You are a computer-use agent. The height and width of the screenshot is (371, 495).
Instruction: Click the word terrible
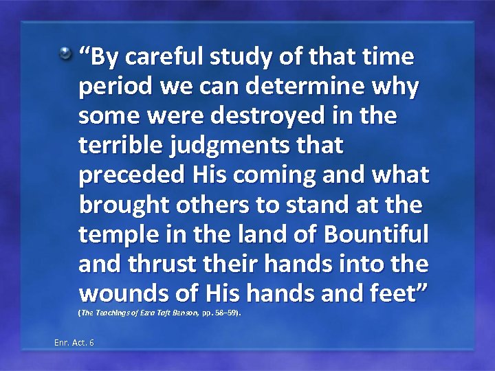(122, 145)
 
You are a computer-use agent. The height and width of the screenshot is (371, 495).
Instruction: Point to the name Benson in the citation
(186, 313)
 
